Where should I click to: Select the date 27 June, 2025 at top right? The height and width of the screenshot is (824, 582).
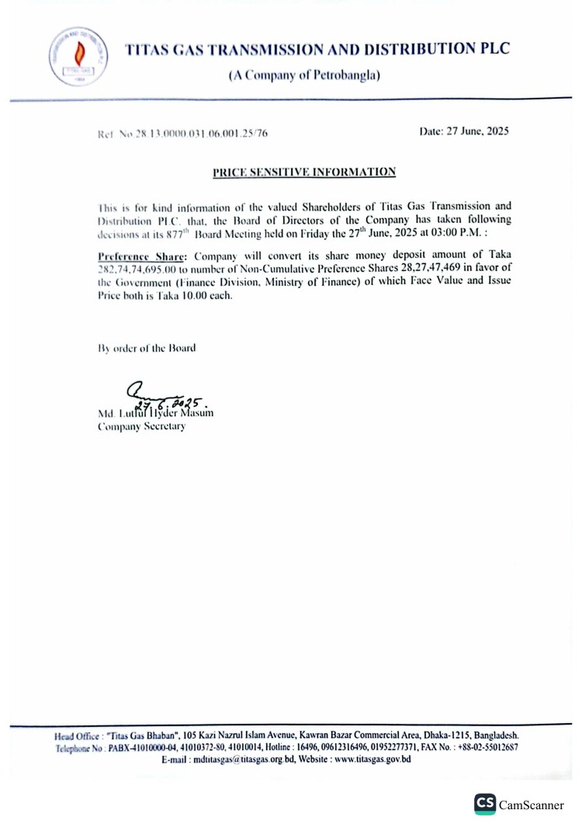464,132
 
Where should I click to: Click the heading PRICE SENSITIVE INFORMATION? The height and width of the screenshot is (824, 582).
304,172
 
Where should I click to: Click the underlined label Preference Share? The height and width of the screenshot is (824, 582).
143,254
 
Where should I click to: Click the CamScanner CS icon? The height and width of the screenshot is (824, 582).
486,804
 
